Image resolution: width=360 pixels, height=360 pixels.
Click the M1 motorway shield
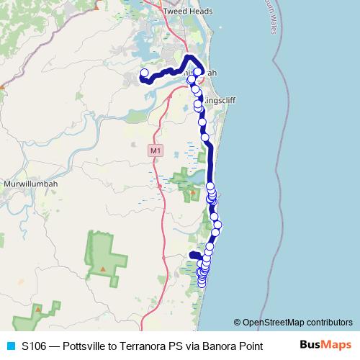pyautogui.click(x=156, y=150)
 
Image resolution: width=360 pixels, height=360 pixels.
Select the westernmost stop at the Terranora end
pyautogui.click(x=143, y=73)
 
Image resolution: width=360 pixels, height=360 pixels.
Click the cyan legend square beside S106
pyautogui.click(x=9, y=346)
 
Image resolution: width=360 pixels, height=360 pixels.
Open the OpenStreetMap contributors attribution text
pyautogui.click(x=297, y=322)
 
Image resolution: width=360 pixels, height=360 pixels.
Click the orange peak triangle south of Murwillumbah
pyautogui.click(x=103, y=269)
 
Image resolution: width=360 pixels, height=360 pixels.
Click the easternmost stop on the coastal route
pyautogui.click(x=217, y=225)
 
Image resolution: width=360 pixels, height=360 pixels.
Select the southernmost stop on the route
pyautogui.click(x=202, y=282)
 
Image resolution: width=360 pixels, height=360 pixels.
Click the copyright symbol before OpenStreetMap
pyautogui.click(x=238, y=322)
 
